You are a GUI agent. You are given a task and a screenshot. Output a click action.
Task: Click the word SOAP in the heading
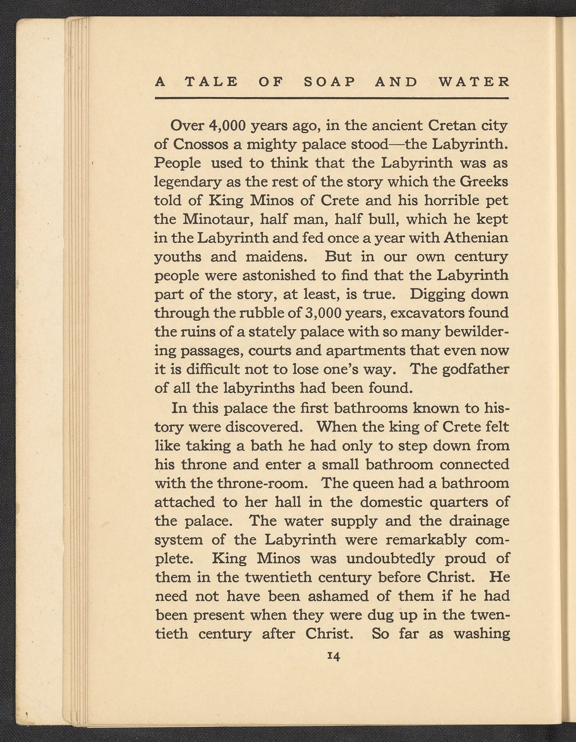[329, 81]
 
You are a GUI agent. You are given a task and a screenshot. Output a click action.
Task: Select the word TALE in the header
[211, 81]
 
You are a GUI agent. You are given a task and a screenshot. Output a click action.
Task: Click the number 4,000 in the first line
[228, 126]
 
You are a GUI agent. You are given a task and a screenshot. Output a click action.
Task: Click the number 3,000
[323, 313]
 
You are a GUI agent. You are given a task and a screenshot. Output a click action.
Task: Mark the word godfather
[468, 370]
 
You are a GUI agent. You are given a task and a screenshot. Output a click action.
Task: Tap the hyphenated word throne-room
[264, 483]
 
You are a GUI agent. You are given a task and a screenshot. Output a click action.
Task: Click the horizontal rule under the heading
[331, 99]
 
